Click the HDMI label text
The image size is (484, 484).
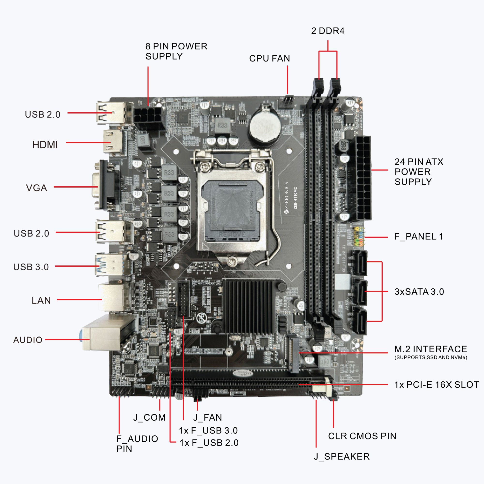click(x=45, y=145)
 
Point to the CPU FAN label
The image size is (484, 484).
click(x=269, y=58)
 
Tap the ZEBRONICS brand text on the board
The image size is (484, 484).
click(x=286, y=198)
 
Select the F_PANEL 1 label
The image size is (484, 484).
click(x=418, y=236)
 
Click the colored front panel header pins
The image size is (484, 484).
click(x=359, y=237)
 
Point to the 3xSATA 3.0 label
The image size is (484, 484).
click(x=419, y=292)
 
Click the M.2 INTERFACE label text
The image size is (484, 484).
click(x=430, y=349)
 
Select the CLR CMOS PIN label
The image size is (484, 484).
click(x=362, y=436)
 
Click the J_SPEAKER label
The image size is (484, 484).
click(x=341, y=456)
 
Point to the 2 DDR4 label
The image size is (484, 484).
click(x=327, y=31)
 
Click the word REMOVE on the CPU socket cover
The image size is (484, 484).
click(x=232, y=235)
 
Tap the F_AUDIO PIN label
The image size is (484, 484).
click(x=137, y=444)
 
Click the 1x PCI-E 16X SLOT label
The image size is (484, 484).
click(x=436, y=385)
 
